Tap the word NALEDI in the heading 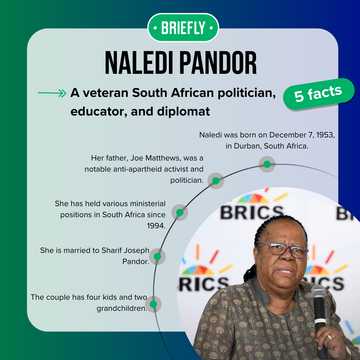coord(134,63)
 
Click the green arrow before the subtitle coord(51,93)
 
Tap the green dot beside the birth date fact coord(267,163)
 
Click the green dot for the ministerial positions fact coord(180,212)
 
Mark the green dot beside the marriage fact coord(158,255)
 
